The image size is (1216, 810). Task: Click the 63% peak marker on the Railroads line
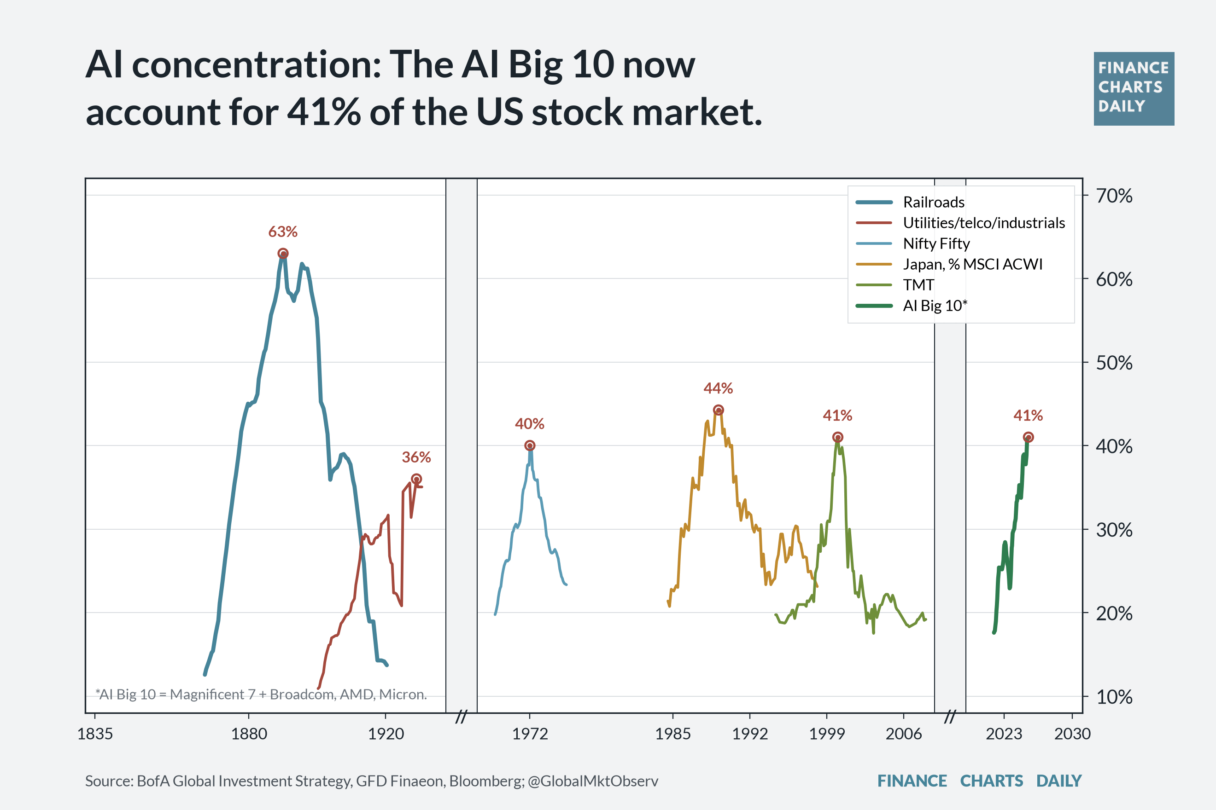(x=283, y=254)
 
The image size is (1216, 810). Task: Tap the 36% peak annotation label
(x=416, y=457)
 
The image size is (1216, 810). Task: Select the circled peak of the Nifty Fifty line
(x=530, y=445)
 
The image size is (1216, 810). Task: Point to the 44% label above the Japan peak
(x=718, y=388)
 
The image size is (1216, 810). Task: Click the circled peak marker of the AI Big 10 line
(x=1029, y=437)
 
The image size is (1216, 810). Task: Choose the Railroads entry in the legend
(x=910, y=202)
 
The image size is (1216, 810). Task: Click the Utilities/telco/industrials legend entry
(x=960, y=223)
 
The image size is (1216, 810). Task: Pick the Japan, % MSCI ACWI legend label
(x=972, y=264)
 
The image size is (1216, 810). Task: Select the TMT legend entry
(x=895, y=284)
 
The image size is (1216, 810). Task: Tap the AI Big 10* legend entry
(x=912, y=305)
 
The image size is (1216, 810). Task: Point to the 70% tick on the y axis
(x=1114, y=196)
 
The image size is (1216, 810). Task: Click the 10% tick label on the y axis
(x=1114, y=697)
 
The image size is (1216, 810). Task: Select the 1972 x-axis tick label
(x=530, y=734)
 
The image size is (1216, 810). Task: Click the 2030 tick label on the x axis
(x=1072, y=734)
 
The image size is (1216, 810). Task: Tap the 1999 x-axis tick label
(x=827, y=734)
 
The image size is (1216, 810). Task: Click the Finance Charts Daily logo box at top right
(x=1134, y=89)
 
